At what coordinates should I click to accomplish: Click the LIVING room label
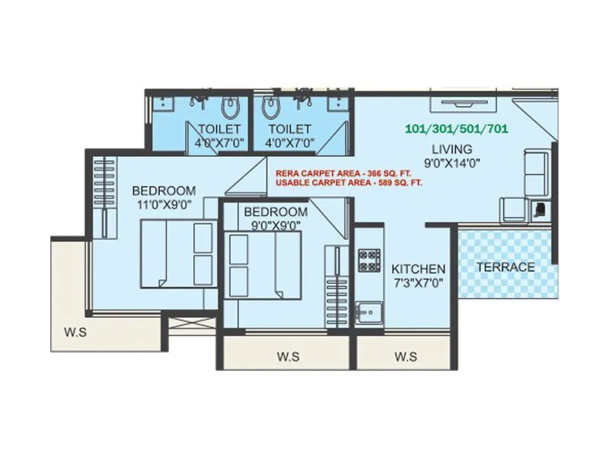click(x=452, y=149)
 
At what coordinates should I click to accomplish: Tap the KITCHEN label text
click(x=418, y=269)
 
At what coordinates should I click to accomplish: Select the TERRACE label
click(x=505, y=267)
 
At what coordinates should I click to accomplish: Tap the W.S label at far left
click(x=75, y=331)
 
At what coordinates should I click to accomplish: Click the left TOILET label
click(x=220, y=129)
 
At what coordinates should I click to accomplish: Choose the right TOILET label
click(x=289, y=129)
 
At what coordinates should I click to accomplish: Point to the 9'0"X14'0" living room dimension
click(x=452, y=162)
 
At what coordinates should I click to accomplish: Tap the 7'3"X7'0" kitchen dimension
click(x=418, y=283)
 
